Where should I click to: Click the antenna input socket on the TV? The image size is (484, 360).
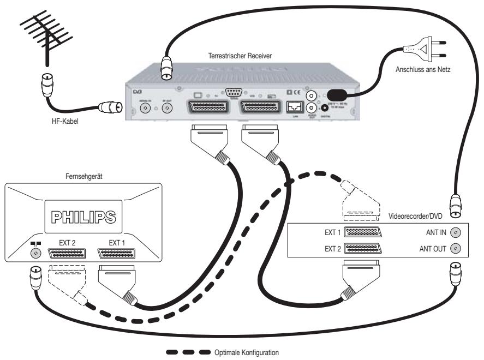[36, 254]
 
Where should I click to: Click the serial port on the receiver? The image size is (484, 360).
[234, 93]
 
